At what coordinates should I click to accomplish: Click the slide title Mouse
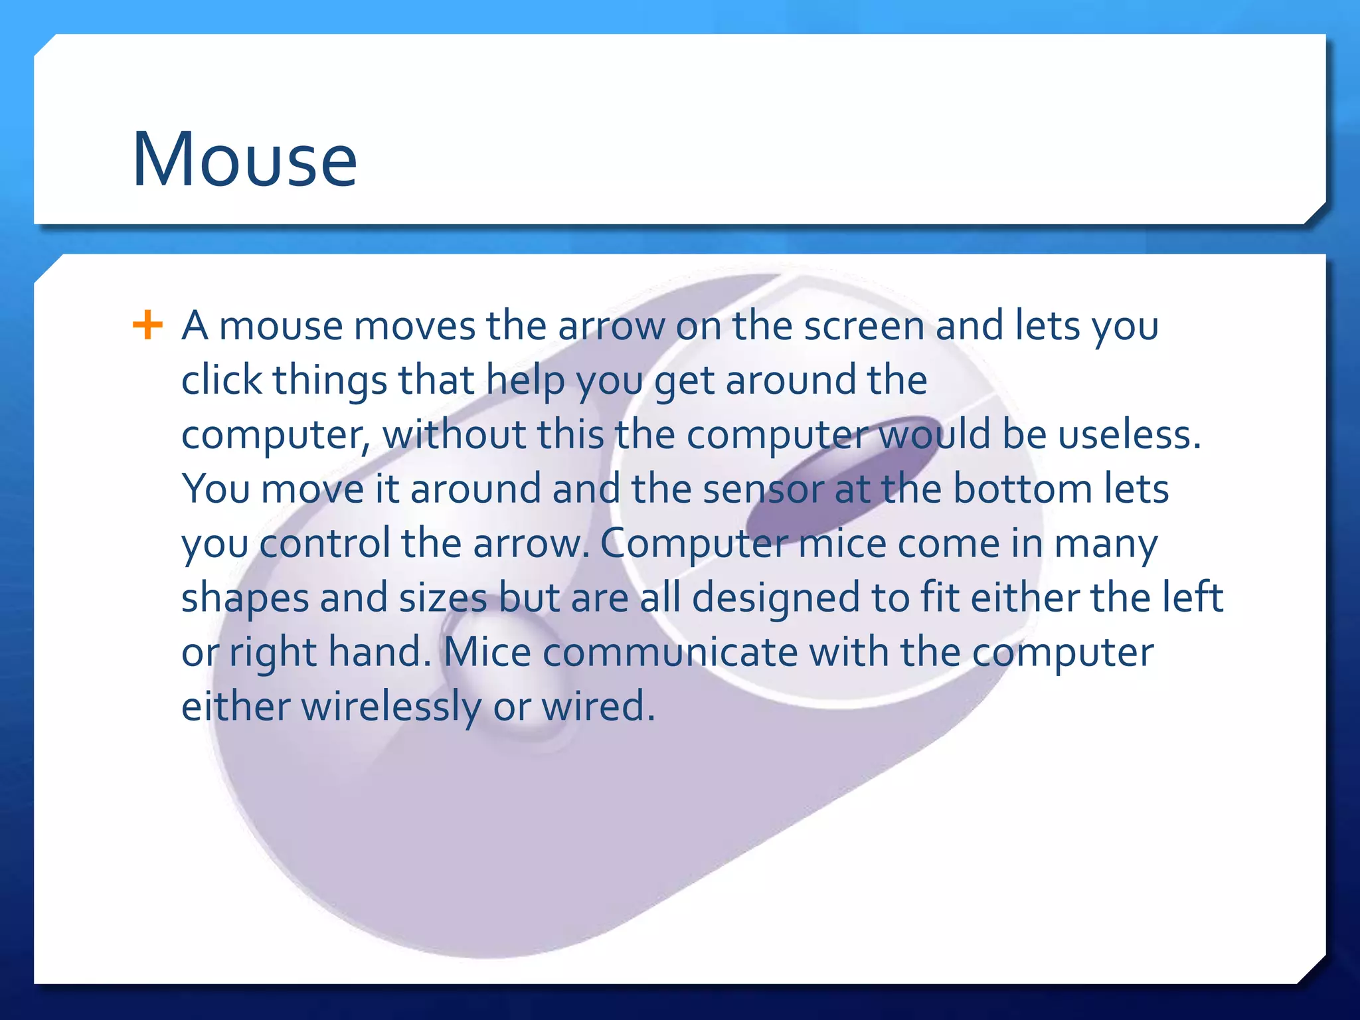coord(244,160)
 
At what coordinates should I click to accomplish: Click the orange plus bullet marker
coord(147,325)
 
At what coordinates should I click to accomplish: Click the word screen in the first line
coord(864,327)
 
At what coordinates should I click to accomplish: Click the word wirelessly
coord(390,707)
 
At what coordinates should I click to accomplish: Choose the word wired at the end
coord(598,707)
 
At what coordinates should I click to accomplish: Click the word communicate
coord(670,652)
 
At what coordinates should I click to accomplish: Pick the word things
coord(330,382)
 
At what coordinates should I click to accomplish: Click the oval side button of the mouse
coord(511,671)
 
